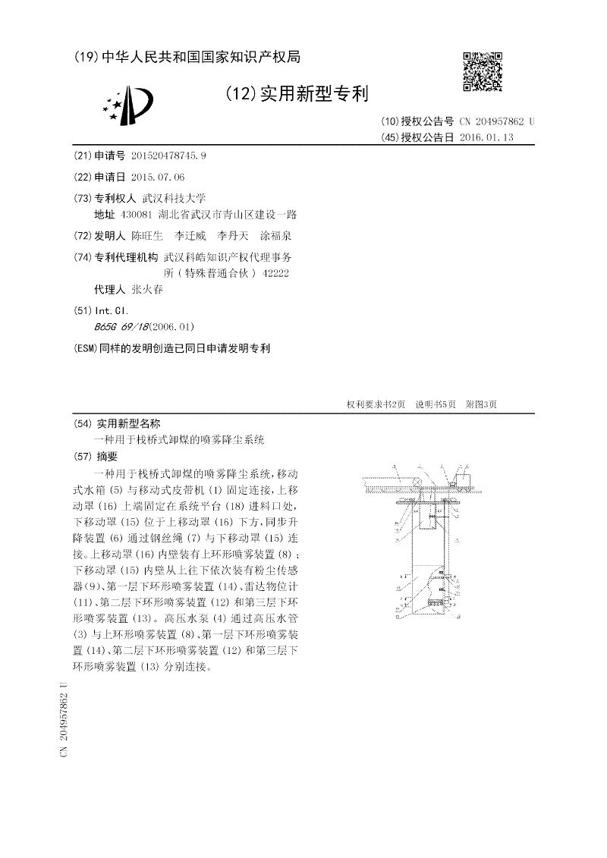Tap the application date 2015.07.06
click(158, 177)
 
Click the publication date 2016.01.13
click(487, 137)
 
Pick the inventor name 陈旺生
click(147, 236)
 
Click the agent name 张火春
click(147, 290)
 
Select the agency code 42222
click(275, 272)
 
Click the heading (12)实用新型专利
click(297, 94)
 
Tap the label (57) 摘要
click(96, 456)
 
